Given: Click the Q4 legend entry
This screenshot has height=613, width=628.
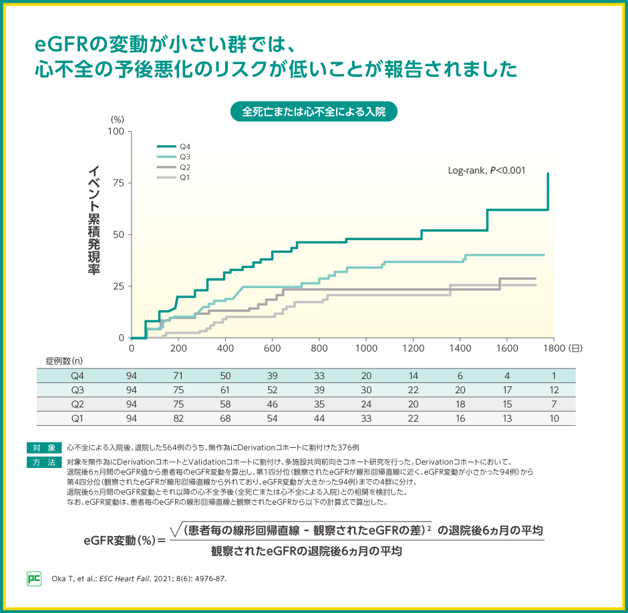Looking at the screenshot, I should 175,146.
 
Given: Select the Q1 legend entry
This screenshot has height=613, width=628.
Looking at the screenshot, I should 175,177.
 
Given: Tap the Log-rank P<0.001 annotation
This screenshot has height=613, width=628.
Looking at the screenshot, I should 486,170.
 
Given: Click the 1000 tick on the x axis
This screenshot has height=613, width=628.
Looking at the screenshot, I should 366,348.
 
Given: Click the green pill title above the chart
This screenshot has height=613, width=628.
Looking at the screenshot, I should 313,111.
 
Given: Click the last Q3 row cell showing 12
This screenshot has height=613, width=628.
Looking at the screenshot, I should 553,390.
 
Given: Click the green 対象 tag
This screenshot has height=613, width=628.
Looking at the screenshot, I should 45,447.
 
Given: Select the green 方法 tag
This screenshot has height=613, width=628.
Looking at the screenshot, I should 45,462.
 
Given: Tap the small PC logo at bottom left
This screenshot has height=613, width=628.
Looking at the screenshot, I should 33,578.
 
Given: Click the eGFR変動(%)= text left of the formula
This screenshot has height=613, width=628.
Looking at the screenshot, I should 124,539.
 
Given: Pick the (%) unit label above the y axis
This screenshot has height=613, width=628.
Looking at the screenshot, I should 117,119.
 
